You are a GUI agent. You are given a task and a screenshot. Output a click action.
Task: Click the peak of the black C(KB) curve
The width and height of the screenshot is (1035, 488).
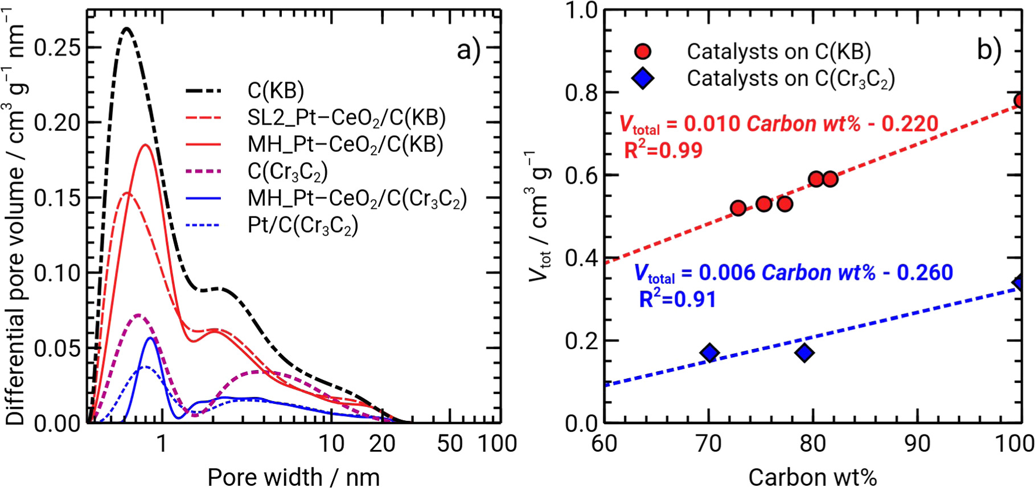click(x=126, y=28)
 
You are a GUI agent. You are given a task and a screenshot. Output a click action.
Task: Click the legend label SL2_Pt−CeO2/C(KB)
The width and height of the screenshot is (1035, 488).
click(x=346, y=118)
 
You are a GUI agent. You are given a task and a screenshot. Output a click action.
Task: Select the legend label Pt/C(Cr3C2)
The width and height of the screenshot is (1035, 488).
click(x=302, y=226)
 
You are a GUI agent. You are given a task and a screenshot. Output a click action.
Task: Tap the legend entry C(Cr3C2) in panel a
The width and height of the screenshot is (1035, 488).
click(x=287, y=171)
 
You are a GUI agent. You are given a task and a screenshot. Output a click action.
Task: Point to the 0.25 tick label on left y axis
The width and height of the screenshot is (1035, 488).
click(x=57, y=48)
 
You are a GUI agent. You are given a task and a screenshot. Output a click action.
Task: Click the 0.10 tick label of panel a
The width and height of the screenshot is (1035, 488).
click(x=57, y=273)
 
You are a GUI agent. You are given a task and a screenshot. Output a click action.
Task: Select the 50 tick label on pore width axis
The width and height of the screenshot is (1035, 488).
click(x=450, y=444)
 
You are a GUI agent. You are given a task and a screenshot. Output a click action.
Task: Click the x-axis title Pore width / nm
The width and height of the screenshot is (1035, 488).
click(x=293, y=477)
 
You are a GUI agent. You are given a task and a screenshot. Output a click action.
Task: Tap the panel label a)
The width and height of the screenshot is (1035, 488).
click(x=469, y=51)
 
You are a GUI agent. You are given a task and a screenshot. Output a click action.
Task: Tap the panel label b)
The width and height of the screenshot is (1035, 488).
click(x=989, y=50)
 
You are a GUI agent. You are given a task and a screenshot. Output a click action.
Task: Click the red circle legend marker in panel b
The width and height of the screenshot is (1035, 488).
click(x=643, y=52)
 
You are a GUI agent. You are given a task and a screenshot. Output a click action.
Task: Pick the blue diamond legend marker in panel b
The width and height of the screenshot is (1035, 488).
click(x=643, y=78)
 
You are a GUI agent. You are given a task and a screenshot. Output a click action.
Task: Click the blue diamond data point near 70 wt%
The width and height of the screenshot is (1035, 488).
click(x=709, y=353)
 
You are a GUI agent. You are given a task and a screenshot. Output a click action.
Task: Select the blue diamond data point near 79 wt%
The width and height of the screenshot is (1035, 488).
click(x=804, y=353)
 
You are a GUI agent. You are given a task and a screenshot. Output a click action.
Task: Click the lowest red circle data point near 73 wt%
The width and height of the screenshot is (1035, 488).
click(x=738, y=208)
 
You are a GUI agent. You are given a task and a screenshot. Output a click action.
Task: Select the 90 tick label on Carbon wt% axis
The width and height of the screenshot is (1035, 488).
click(x=918, y=444)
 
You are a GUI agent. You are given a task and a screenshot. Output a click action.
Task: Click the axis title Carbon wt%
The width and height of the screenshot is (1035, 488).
click(x=812, y=477)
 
